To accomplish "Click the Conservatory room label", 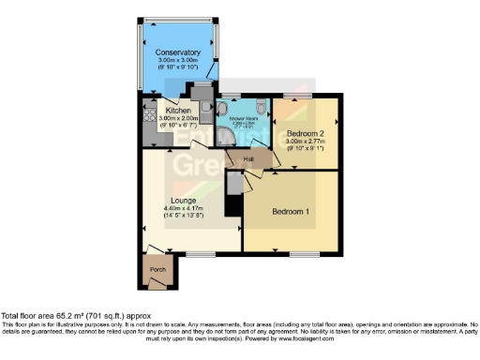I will pyautogui.click(x=178, y=52).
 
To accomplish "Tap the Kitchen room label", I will pyautogui.click(x=179, y=110).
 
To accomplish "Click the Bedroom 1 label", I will pyautogui.click(x=291, y=212).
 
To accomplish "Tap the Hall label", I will pyautogui.click(x=249, y=159).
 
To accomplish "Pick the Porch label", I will pyautogui.click(x=158, y=271).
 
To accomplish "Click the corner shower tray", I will pyautogui.click(x=231, y=139).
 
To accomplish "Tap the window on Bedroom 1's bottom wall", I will pyautogui.click(x=302, y=253).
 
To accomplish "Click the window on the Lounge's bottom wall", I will pyautogui.click(x=200, y=253).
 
